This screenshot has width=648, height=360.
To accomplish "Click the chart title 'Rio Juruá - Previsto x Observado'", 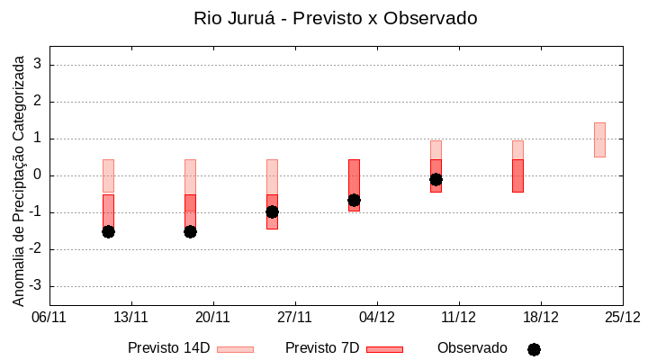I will tap(335, 18).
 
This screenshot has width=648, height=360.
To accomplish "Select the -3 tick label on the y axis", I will tap(36, 286).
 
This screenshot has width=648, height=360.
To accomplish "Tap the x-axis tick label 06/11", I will tap(49, 317).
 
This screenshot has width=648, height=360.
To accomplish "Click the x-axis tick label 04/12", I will tap(377, 317).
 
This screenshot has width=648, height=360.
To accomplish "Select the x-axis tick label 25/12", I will tap(622, 317).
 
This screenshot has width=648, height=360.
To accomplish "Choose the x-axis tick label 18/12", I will tap(540, 317).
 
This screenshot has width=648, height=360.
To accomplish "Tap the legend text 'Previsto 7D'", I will tap(322, 348).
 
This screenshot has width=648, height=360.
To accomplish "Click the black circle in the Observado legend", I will tap(534, 349).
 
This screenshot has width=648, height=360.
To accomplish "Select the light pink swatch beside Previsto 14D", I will tap(235, 349).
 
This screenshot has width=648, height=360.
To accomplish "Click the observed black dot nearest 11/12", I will tap(436, 179).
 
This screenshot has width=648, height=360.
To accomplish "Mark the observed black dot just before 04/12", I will tap(354, 200).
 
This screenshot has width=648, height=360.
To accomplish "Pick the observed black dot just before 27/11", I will tap(272, 211).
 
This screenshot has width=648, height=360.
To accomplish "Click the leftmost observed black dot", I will tap(108, 231).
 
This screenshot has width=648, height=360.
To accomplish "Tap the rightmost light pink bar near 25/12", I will tap(599, 139).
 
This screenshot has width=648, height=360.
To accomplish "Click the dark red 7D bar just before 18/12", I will tap(517, 175).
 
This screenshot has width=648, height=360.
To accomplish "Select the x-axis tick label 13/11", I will tap(131, 317).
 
